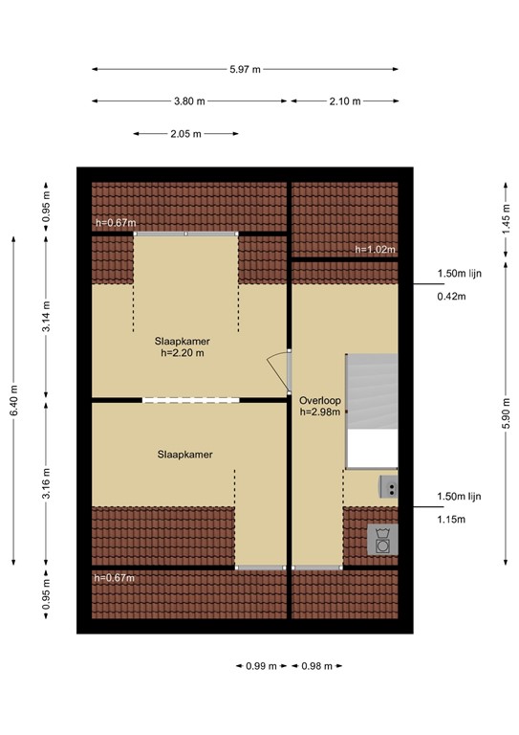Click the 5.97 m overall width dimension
click(246, 70)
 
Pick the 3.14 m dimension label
click(46, 317)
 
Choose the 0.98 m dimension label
click(315, 666)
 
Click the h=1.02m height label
click(375, 250)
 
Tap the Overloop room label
click(319, 400)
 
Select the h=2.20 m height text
click(183, 352)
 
